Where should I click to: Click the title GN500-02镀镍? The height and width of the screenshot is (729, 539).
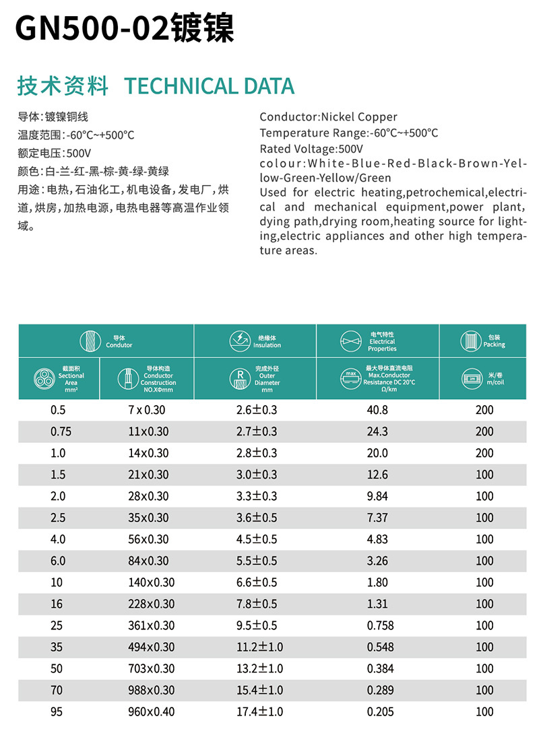click(124, 29)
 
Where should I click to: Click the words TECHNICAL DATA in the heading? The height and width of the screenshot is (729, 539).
click(210, 86)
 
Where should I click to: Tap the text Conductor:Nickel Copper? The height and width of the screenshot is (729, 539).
click(328, 117)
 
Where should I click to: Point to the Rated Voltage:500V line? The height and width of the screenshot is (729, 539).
click(311, 149)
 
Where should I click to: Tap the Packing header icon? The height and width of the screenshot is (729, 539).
click(470, 340)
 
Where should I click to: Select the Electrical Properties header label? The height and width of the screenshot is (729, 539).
click(382, 341)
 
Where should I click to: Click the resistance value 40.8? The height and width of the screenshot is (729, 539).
click(377, 410)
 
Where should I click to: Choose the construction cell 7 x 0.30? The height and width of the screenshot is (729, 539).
click(146, 410)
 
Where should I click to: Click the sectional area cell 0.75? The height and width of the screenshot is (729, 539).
click(59, 431)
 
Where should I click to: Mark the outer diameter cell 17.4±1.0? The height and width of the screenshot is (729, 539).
click(259, 711)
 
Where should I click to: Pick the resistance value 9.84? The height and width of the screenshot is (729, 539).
click(377, 496)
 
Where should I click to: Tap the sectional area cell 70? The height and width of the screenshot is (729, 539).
click(57, 690)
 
